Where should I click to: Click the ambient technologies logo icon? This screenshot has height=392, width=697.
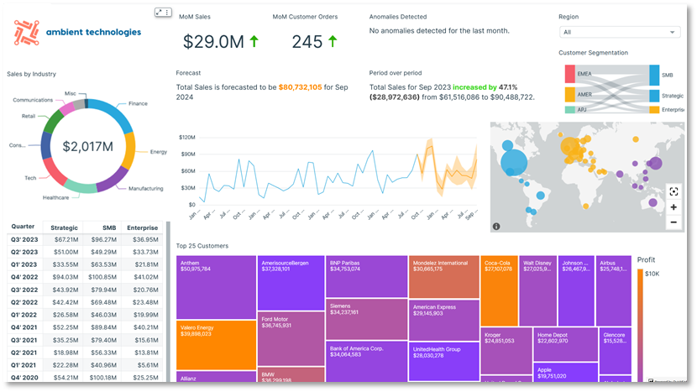coord(29,32)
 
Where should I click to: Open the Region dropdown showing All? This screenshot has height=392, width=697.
coord(619,32)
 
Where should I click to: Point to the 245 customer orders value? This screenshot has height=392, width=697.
coord(307,41)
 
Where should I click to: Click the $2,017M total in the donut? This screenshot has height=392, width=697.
coord(87,147)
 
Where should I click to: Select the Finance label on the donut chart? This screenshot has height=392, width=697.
coord(139,104)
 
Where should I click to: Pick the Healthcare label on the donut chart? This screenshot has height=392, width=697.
coord(55,198)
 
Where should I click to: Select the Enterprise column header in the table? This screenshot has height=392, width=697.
coord(142,227)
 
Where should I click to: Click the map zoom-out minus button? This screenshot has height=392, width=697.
coord(673,222)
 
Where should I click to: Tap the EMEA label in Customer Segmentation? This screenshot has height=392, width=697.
coord(584,75)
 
